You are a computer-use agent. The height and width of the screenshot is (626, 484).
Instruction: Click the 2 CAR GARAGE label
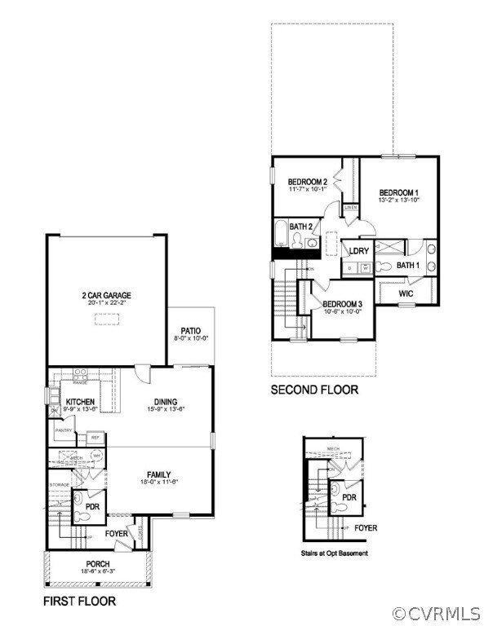coord(106,295)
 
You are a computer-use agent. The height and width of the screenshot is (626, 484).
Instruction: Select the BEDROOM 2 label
coord(308,181)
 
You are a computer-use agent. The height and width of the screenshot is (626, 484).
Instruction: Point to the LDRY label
coord(359,251)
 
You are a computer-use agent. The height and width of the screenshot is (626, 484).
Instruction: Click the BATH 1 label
coord(408,265)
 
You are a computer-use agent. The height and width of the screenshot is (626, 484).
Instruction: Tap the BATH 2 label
coord(300,226)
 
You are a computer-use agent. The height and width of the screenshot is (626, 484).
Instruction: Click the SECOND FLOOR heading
coord(314,390)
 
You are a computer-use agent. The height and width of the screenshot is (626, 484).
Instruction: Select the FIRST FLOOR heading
coord(79,601)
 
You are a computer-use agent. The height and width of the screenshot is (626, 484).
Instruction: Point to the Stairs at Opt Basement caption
coord(334,553)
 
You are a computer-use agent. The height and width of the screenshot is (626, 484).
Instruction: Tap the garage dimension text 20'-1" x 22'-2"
coord(106,302)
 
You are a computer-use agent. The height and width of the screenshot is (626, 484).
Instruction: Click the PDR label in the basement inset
coord(349,496)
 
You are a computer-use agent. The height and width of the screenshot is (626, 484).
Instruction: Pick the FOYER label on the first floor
coord(117,535)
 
